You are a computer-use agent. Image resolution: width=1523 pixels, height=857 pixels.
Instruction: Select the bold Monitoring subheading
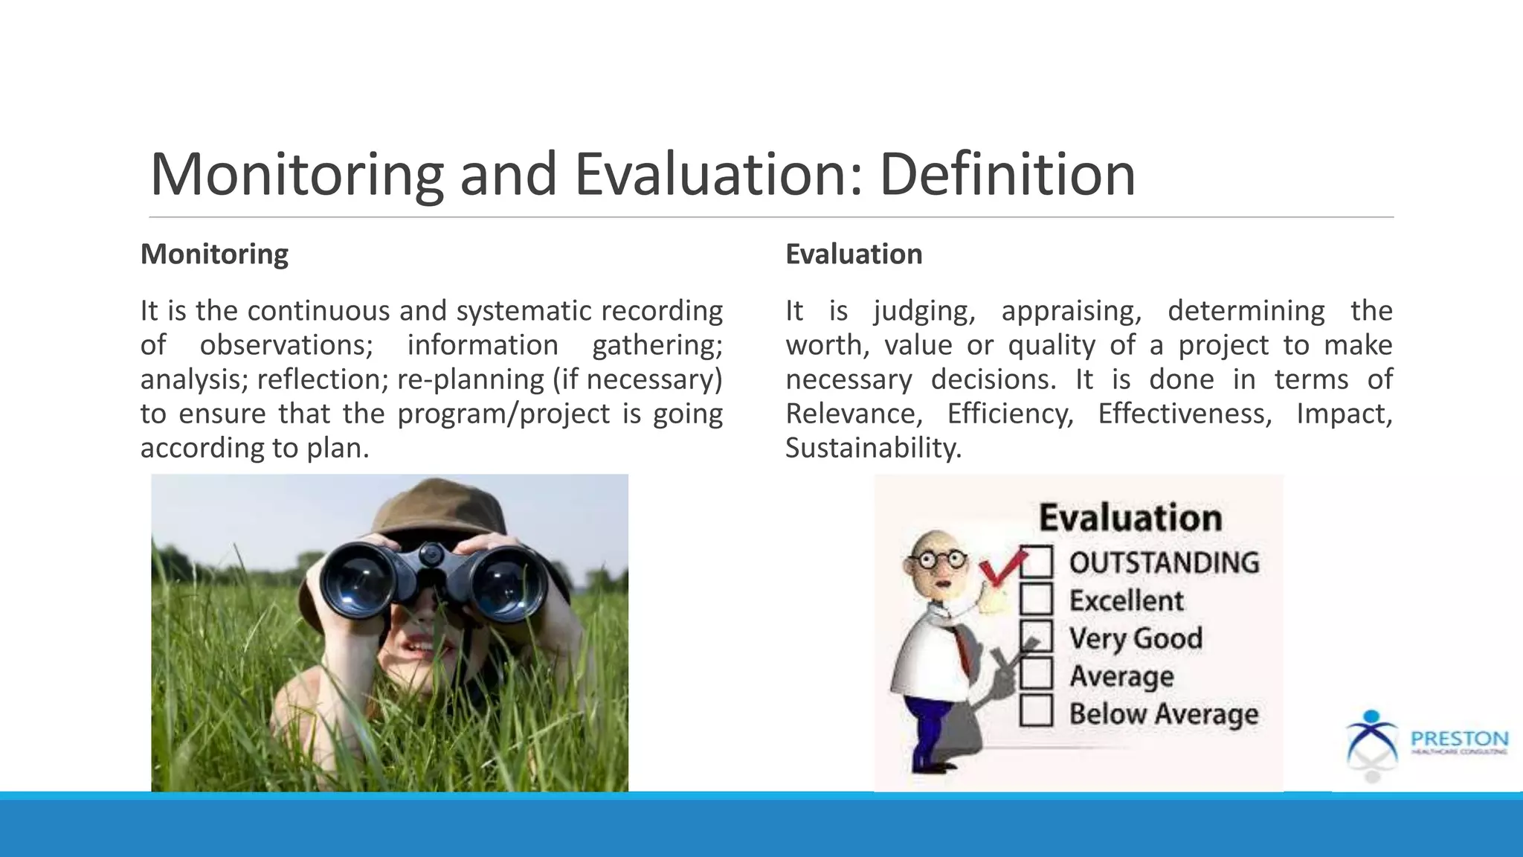pos(214,254)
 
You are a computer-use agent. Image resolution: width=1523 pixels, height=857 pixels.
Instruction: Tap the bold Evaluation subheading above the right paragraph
pos(854,254)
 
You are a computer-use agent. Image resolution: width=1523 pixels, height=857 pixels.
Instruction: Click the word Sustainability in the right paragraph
pos(873,448)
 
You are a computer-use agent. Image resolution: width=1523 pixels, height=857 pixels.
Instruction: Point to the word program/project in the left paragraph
pos(503,414)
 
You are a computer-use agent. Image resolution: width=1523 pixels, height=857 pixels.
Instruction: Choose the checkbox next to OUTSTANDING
pos(1036,562)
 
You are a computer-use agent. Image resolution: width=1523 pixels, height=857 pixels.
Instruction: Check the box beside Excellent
pos(1036,600)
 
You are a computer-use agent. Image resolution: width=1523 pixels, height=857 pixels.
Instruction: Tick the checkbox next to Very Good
pos(1036,637)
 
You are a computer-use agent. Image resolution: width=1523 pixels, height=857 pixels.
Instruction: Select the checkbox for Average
pos(1036,674)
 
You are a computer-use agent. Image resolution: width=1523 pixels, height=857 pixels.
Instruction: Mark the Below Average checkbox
pos(1036,711)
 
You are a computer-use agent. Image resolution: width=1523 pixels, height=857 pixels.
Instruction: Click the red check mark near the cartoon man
pos(1001,569)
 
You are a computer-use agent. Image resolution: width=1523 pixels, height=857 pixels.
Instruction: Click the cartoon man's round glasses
pos(940,559)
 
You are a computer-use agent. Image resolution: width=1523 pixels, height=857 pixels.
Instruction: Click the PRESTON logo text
pos(1459,739)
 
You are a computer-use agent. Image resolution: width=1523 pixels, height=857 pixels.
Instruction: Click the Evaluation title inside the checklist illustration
pos(1130,518)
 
